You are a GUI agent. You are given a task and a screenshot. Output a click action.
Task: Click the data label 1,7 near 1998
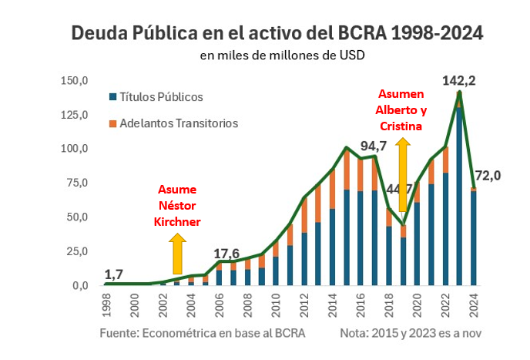(x=114, y=273)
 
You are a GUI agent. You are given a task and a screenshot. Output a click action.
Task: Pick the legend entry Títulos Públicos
(x=161, y=97)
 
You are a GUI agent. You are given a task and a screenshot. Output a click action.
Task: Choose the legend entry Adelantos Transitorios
(x=178, y=123)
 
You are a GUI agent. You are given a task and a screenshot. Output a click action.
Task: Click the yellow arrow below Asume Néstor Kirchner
(x=177, y=254)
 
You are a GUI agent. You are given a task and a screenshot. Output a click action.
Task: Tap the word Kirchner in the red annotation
(x=177, y=221)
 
